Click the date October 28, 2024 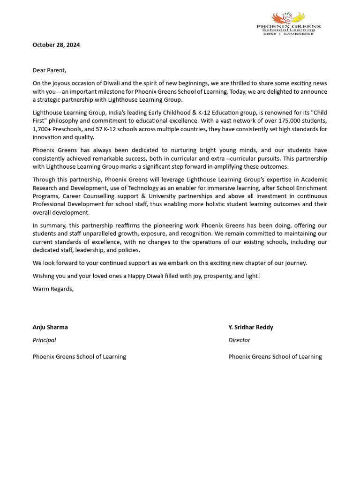(56, 45)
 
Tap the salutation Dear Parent (49, 70)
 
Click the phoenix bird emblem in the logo (288, 18)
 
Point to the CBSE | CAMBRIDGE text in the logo (288, 34)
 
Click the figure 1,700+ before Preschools (42, 129)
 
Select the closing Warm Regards (53, 289)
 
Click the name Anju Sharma (50, 327)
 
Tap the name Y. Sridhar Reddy (250, 327)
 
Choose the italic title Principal (44, 340)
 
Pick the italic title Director (239, 340)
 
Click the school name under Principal (79, 357)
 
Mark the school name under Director (275, 357)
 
